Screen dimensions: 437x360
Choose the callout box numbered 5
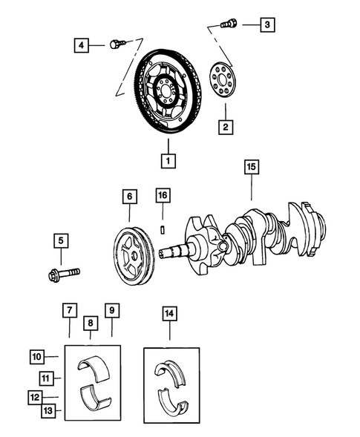point(60,240)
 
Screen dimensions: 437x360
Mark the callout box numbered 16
point(163,196)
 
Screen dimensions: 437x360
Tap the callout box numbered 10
point(38,356)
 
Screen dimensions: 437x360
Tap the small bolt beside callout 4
point(115,45)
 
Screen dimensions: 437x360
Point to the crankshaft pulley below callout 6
point(132,259)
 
